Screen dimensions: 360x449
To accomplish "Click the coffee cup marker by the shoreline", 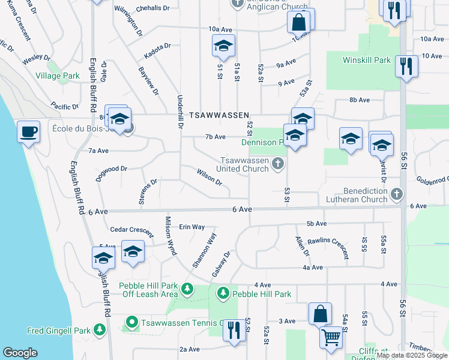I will [28, 131].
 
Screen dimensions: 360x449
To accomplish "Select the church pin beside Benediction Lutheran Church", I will [396, 194].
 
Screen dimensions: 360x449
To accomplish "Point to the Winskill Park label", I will [366, 60].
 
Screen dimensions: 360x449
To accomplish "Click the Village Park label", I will [58, 76].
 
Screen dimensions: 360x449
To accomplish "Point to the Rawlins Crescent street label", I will [328, 247].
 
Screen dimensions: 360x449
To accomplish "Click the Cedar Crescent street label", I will [132, 229].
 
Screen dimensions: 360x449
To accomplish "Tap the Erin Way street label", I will [192, 227].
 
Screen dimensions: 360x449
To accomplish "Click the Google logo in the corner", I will [20, 353].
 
